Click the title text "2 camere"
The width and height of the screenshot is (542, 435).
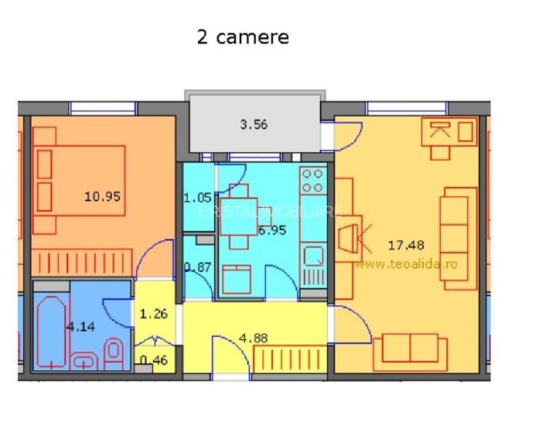243,37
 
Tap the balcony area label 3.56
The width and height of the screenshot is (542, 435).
254,124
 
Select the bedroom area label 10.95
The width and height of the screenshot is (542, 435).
102,197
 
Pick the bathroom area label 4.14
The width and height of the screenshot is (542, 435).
80,327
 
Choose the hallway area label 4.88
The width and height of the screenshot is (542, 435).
254,338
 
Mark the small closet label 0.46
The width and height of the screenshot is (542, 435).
152,359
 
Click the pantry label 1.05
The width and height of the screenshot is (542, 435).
197,198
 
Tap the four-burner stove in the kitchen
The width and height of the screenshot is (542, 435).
312,182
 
